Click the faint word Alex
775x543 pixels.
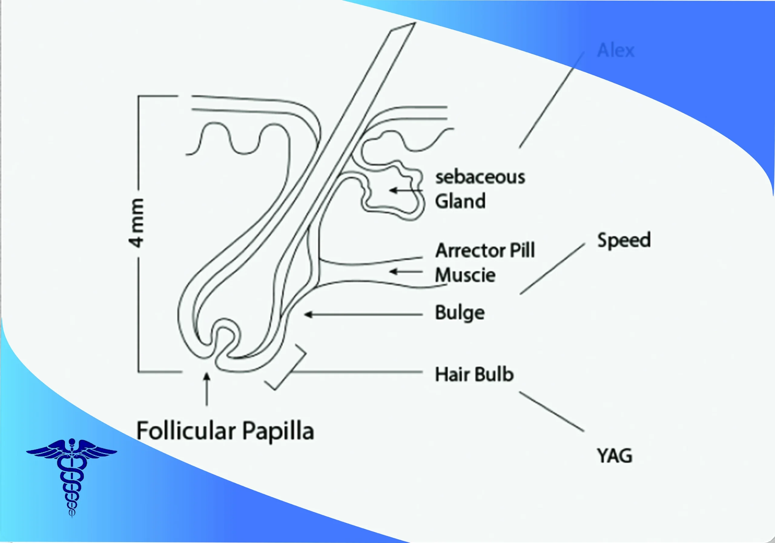tap(616, 51)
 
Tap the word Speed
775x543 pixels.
tap(624, 240)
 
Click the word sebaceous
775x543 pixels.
tap(480, 177)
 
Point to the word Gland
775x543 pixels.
tap(460, 202)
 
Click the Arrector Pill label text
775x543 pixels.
tap(485, 250)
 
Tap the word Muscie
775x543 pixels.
tap(465, 275)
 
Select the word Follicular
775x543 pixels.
tap(186, 431)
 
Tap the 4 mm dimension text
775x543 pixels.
tap(137, 223)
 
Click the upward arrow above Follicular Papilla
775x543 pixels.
tap(207, 388)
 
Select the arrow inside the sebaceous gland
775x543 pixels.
tap(405, 190)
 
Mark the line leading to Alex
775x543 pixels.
tap(552, 100)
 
